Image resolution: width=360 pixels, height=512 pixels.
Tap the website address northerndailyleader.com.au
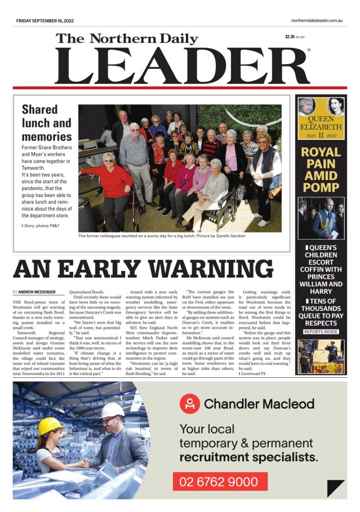click(x=313, y=21)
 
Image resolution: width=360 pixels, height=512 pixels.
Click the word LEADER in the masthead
click(x=181, y=67)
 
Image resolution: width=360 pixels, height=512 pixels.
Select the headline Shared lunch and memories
click(x=46, y=122)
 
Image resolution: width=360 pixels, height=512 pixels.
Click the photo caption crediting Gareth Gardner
click(x=162, y=236)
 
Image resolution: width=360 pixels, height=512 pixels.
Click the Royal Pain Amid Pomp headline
click(x=321, y=169)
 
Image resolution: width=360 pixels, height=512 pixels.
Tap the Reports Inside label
click(x=321, y=332)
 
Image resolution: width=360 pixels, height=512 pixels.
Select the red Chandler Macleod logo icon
click(x=190, y=404)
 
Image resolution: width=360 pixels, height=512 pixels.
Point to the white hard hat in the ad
click(x=113, y=409)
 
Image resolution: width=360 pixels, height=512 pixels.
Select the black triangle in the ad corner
click(x=336, y=487)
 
